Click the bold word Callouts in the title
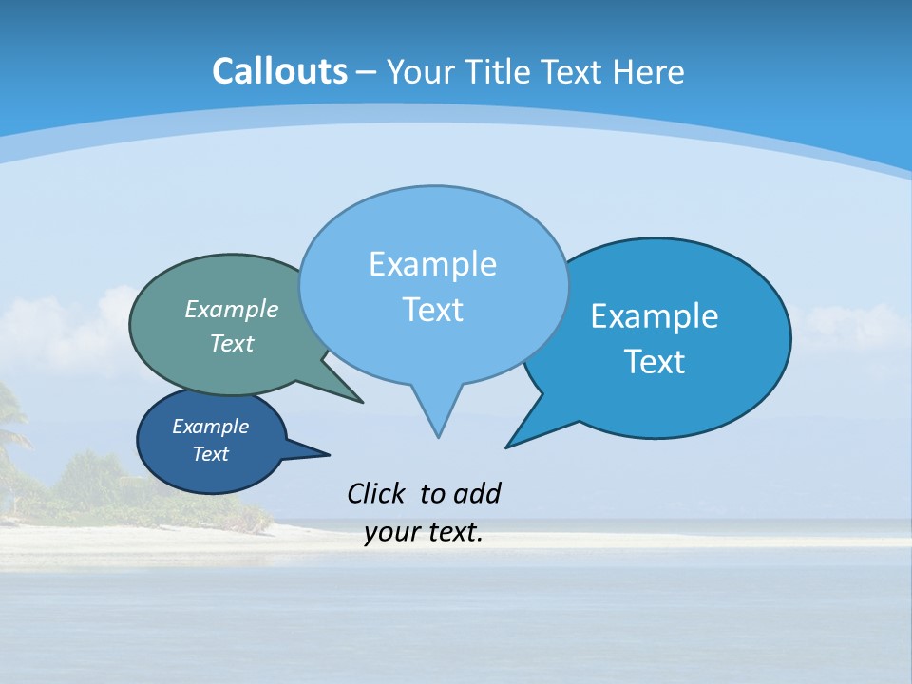pyautogui.click(x=279, y=71)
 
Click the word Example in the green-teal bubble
pyautogui.click(x=232, y=309)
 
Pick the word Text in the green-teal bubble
pyautogui.click(x=232, y=343)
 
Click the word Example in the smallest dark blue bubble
pyautogui.click(x=210, y=427)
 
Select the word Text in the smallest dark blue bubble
pyautogui.click(x=210, y=454)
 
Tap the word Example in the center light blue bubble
pyautogui.click(x=432, y=264)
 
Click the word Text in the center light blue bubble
pyautogui.click(x=432, y=310)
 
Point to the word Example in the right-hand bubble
pyautogui.click(x=655, y=316)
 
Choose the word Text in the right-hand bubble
pyautogui.click(x=655, y=362)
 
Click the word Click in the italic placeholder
pyautogui.click(x=376, y=494)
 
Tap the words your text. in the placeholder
pyautogui.click(x=424, y=533)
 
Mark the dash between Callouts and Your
pyautogui.click(x=367, y=72)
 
